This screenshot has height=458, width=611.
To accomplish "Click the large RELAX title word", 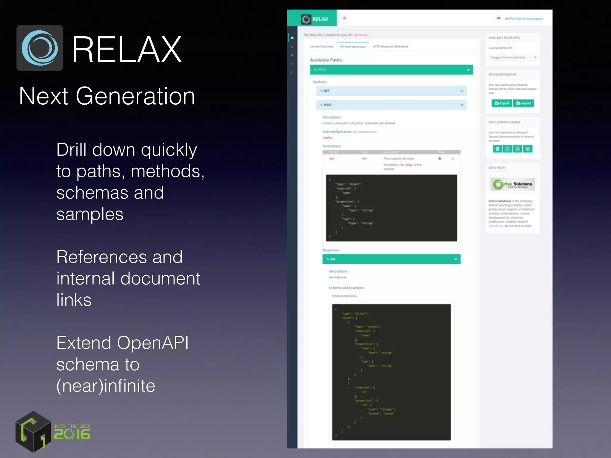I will click(127, 49).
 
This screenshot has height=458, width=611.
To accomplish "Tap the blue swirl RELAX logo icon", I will click(40, 48).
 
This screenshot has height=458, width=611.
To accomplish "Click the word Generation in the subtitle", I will click(135, 96).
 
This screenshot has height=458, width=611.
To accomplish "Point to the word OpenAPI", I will click(152, 343).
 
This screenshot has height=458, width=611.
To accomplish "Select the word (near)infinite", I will click(106, 386).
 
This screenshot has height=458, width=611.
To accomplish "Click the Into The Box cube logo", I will click(33, 432).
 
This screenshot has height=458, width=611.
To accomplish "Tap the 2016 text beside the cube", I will click(72, 434).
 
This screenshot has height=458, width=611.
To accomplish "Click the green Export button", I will click(502, 103).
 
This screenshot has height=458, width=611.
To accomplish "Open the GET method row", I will click(391, 91).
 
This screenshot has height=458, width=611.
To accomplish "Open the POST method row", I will click(391, 105).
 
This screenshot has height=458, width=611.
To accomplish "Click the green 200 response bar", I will click(391, 259).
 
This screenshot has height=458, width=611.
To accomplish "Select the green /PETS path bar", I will click(391, 70).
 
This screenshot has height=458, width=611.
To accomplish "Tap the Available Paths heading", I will click(326, 60).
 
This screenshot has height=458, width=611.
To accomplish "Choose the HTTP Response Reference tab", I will click(390, 47).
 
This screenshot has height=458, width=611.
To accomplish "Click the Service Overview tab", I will click(321, 47).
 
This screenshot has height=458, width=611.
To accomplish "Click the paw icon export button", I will click(527, 149).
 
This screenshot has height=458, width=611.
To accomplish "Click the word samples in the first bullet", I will click(90, 214).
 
